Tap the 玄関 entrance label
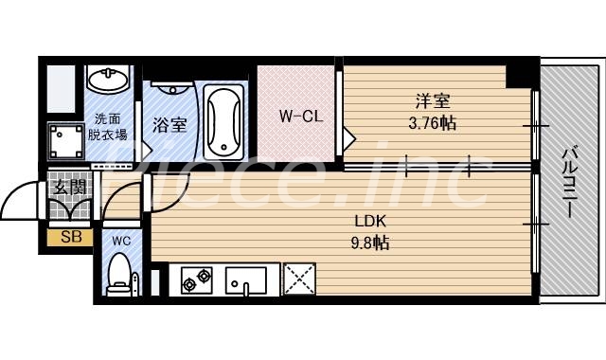click(x=68, y=188)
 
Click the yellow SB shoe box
click(x=70, y=237)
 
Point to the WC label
click(x=119, y=241)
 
